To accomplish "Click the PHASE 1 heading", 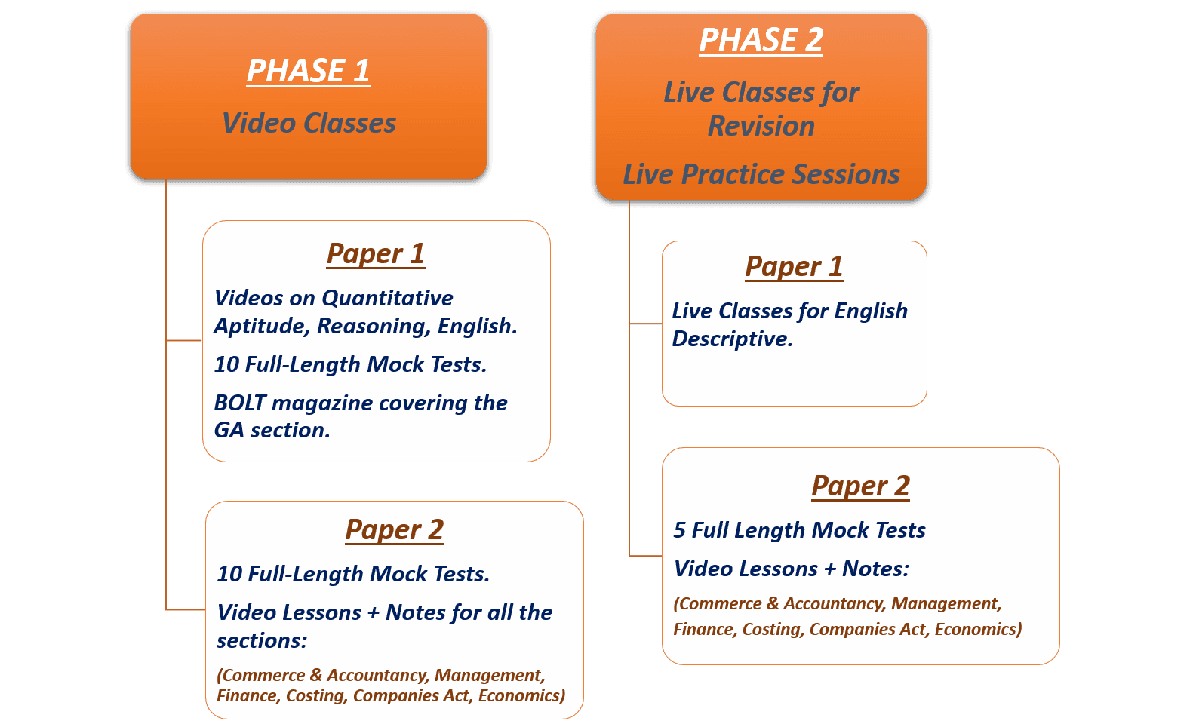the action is [309, 71].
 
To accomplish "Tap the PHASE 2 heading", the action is [761, 40].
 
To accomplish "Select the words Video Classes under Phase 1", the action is [309, 123].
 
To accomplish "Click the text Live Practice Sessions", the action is [761, 174].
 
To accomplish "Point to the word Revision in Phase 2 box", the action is [761, 127].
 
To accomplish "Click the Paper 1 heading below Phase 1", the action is [376, 254].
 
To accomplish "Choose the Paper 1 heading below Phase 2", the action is [795, 266].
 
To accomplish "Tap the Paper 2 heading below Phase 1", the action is [394, 530].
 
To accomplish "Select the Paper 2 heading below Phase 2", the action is [861, 486].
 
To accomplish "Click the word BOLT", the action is [239, 403].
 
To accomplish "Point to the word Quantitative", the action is [388, 299].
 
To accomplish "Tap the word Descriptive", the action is [733, 339].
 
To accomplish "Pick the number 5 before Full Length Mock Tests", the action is [679, 530].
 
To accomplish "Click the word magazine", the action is [322, 403].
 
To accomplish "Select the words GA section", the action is [272, 430].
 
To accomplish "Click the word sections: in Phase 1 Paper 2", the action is [262, 641].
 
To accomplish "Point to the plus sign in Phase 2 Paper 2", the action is [830, 569].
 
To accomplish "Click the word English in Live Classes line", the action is [871, 311].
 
